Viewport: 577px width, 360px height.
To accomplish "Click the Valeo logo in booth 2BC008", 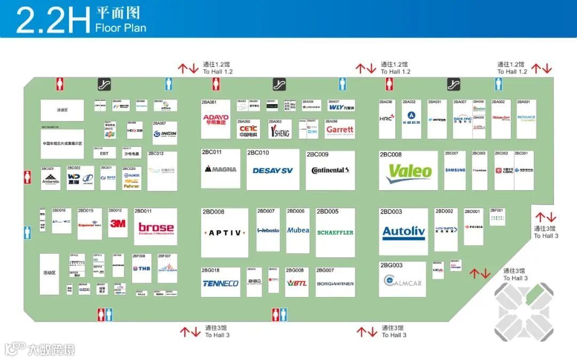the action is pos(409,171).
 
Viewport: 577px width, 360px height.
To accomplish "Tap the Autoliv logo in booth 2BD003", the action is pos(403,232).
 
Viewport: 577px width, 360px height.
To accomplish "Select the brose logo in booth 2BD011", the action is pos(156,228).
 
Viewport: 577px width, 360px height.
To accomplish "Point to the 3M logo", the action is pos(118,224).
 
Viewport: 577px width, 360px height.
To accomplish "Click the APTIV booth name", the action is pos(224,233).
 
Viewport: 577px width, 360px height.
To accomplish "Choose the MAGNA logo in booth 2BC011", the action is pos(221,169).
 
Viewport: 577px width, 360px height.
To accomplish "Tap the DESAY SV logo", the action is pos(272,170).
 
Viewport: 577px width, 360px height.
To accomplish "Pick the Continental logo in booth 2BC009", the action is pos(330,170).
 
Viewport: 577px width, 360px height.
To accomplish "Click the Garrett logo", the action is pos(340,129).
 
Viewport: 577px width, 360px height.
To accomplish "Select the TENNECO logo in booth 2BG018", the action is pos(220,284).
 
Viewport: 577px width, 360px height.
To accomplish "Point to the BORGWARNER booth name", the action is pos(335,284).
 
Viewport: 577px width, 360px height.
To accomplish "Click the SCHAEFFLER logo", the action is pos(335,232).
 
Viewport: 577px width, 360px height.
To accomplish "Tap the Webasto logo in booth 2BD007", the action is pos(268,231).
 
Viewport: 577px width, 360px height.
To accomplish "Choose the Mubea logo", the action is pos(298,230).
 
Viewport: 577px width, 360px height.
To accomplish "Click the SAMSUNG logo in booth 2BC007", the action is pos(455,170).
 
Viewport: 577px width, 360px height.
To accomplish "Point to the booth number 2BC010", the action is pos(258,153).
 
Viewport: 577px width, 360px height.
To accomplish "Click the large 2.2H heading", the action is pos(52,20).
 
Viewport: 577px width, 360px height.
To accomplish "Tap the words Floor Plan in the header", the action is pos(121,28).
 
